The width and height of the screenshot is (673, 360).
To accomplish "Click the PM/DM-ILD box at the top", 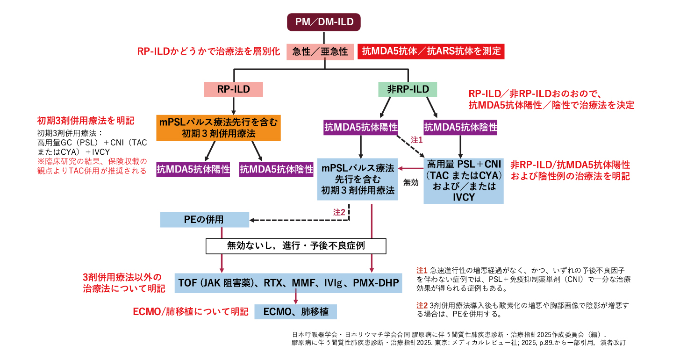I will (x=323, y=22).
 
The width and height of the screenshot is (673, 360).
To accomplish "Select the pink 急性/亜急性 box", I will (x=320, y=51).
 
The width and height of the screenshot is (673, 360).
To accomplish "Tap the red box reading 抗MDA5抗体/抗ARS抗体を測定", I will (x=431, y=51).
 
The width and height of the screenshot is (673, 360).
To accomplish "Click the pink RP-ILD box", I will (x=233, y=89).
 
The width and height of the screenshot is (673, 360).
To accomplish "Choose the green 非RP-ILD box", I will (x=408, y=89).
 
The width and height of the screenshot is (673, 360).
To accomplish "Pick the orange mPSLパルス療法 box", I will (x=218, y=128).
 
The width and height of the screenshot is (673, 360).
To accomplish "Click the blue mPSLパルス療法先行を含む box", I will (x=358, y=179).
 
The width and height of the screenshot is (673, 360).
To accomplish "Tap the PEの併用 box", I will (x=204, y=219).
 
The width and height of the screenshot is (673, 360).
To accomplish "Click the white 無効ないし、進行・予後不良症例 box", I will (x=296, y=245).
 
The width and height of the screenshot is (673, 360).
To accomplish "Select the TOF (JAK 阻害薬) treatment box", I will (x=288, y=282).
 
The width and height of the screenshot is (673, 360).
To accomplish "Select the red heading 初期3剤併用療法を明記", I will (x=86, y=121).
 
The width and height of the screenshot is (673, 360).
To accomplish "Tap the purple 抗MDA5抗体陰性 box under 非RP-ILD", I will (x=460, y=127).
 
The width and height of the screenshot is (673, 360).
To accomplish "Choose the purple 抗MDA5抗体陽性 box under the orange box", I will (x=193, y=169).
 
